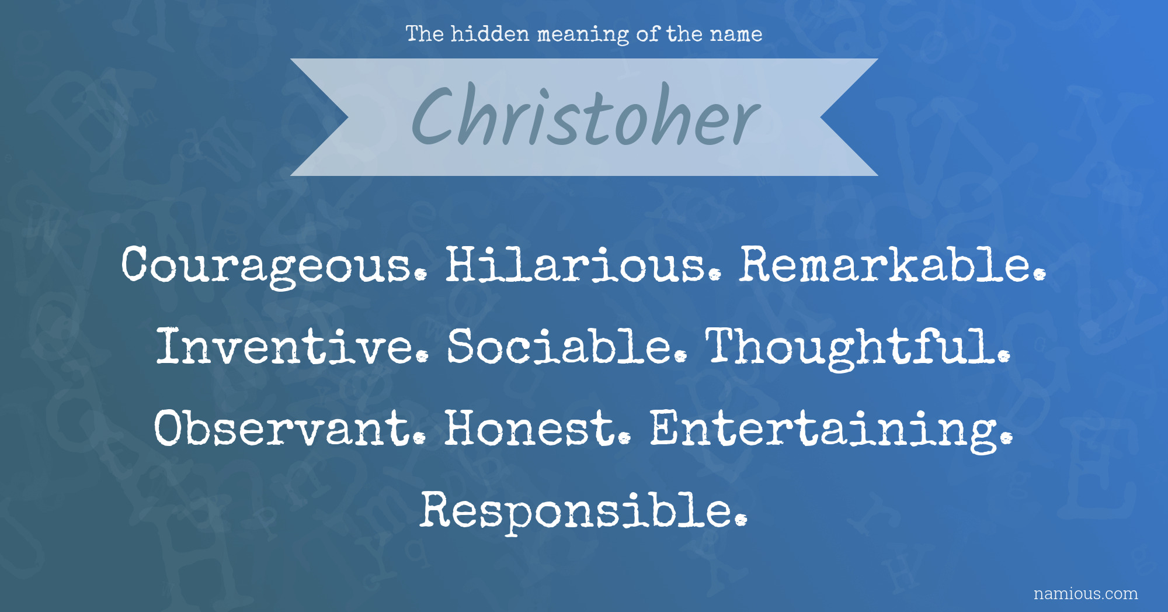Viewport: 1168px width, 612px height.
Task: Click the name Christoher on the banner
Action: (586, 115)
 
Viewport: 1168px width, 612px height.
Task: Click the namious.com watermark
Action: (1086, 594)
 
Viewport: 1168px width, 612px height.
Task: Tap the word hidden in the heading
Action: (490, 34)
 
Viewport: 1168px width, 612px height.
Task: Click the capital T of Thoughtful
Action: (724, 346)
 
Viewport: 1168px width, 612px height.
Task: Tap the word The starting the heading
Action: (425, 34)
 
